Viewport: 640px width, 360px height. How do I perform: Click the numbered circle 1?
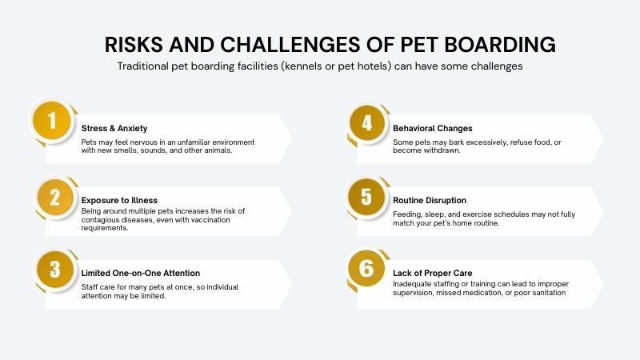tap(54, 122)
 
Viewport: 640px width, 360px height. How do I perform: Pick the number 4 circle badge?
tap(366, 122)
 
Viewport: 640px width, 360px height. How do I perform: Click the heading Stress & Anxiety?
tap(114, 127)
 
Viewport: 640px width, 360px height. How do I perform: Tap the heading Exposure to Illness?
tap(119, 200)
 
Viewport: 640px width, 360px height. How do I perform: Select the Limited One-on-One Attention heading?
tap(140, 273)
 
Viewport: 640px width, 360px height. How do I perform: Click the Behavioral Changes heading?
tap(433, 127)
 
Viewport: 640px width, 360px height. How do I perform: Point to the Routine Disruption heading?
tap(430, 200)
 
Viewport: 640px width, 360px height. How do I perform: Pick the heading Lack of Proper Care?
tap(433, 273)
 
